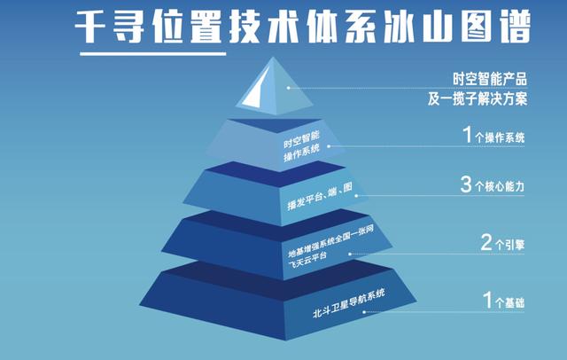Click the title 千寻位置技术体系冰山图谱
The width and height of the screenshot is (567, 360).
coord(303,27)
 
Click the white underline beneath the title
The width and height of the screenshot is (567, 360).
coord(153,54)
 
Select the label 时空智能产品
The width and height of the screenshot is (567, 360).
coord(490,79)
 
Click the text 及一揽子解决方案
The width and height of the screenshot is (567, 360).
coord(478,98)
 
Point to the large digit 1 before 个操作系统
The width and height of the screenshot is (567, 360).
coord(468,134)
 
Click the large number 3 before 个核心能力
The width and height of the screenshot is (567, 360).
coord(466,184)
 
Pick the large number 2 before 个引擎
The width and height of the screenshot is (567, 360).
coord(486,242)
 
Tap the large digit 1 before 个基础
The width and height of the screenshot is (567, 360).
coord(487,300)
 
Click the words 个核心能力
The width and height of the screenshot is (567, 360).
coord(500,186)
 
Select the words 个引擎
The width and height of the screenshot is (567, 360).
coord(509,245)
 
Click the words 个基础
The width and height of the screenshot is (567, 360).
coord(509,302)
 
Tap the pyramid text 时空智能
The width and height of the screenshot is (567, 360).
coord(301,139)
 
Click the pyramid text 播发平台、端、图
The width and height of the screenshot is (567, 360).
coord(320,196)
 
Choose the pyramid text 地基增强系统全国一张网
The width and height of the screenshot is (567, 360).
coord(330,241)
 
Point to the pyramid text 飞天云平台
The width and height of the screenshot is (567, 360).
coord(307,260)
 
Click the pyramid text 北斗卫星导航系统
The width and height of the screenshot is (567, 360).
coord(348,303)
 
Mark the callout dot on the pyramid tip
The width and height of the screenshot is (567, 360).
coord(288,88)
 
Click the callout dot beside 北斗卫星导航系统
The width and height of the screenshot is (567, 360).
coord(364,311)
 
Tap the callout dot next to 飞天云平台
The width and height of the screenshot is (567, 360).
coord(350,254)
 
